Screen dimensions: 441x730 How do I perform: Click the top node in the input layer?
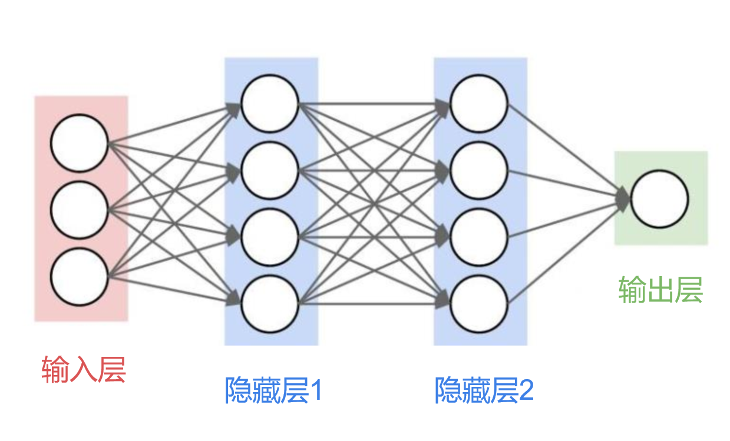pos(80,143)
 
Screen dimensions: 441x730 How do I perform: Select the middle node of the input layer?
pos(80,210)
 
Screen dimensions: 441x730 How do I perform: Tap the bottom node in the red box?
pos(80,276)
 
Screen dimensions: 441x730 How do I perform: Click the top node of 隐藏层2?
pos(479,104)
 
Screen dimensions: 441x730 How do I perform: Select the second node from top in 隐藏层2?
pos(479,171)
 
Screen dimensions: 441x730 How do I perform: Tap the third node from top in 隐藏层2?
pos(479,237)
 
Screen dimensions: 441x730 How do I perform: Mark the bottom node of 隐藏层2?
pos(479,304)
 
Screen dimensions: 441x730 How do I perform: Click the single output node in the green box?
pos(660,199)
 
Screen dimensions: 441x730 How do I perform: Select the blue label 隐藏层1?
pos(273,390)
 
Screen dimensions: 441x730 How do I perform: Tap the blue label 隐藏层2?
pos(483,390)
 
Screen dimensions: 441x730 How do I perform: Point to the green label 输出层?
pos(660,290)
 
